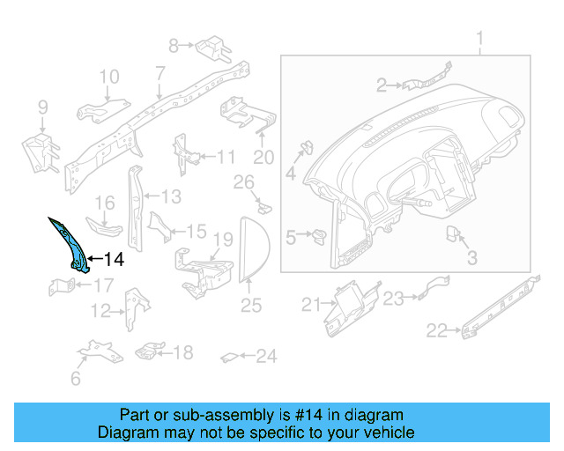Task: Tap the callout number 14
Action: click(115, 260)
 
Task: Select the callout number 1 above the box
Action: click(480, 40)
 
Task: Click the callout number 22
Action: click(436, 330)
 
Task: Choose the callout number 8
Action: click(174, 44)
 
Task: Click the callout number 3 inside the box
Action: click(471, 258)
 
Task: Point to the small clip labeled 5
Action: click(319, 235)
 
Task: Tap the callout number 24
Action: click(266, 357)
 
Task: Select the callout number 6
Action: click(76, 379)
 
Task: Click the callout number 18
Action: click(182, 352)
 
